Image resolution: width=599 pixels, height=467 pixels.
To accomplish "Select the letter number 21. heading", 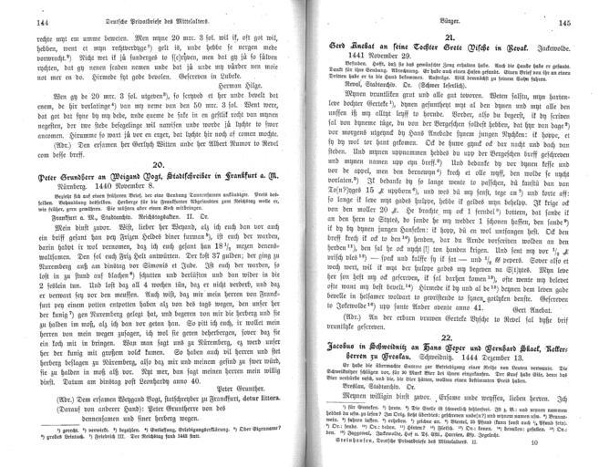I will click(x=436, y=36).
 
